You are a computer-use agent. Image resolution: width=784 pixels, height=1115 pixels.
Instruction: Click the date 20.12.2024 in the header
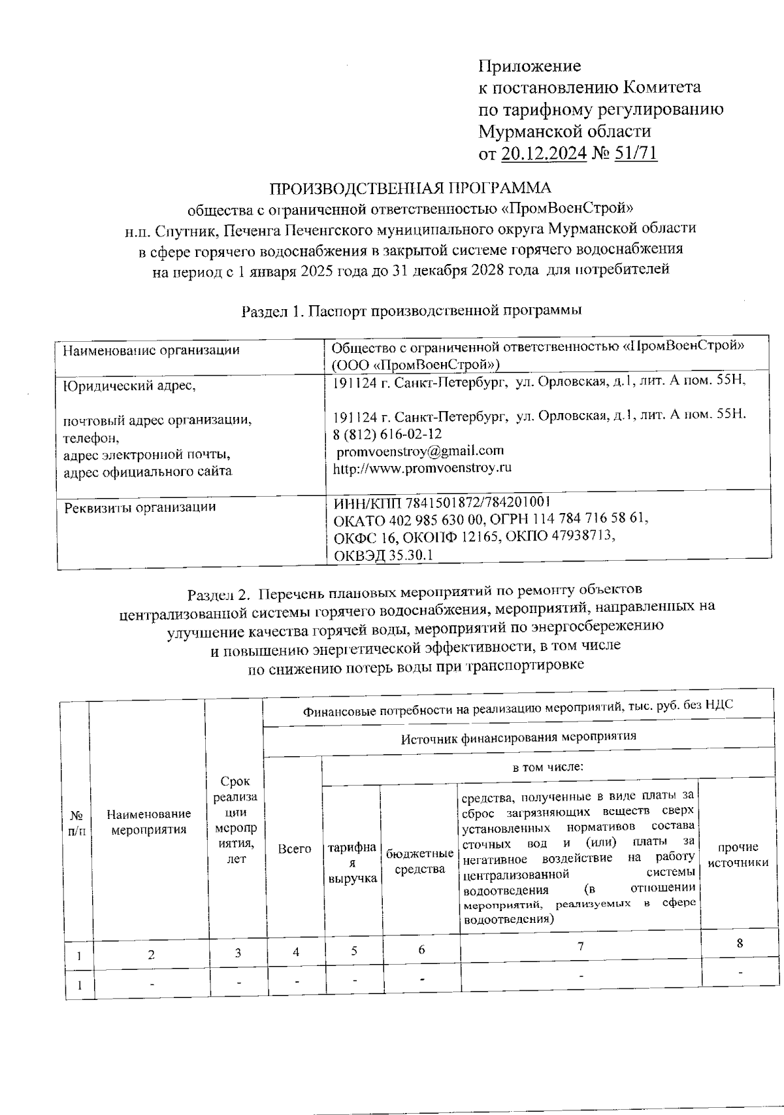point(544,154)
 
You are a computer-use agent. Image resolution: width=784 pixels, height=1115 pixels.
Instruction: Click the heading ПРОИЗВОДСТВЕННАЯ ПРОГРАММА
point(410,188)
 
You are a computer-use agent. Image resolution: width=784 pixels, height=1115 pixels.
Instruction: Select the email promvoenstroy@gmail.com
point(419,450)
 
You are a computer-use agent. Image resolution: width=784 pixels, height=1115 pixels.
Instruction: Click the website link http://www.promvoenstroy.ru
point(422,468)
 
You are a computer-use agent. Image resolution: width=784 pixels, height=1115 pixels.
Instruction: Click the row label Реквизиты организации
point(140,507)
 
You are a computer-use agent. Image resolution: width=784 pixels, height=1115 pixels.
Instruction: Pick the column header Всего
point(294,849)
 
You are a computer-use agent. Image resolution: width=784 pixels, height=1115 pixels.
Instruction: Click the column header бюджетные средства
point(420,861)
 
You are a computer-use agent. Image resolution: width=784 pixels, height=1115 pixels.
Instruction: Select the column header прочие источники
point(738,855)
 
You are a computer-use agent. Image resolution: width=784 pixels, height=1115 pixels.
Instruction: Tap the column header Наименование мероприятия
point(149,822)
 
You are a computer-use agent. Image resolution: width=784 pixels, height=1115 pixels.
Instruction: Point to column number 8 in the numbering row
point(740,943)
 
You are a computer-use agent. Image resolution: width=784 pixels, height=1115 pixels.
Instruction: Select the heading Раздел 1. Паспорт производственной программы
point(412,311)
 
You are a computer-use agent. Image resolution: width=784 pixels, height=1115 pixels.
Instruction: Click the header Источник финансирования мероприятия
point(518,737)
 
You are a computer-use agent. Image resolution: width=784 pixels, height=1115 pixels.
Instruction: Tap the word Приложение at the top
point(530,66)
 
